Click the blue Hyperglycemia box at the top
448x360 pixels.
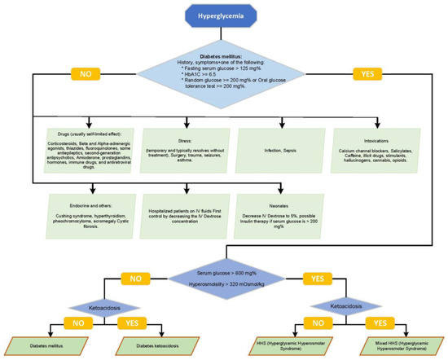pos(223,15)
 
